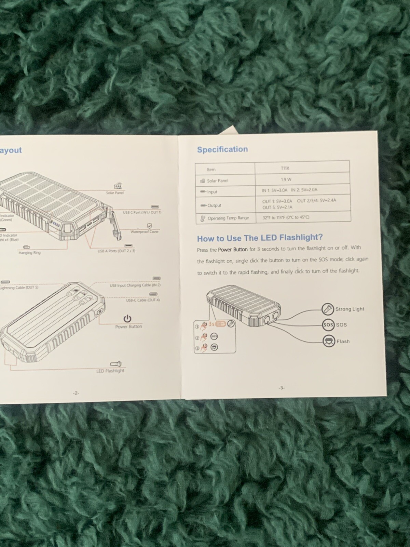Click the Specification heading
point(222,149)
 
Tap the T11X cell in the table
point(285,168)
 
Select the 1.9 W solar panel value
point(286,179)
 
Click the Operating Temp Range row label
point(228,218)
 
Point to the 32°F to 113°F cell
point(286,217)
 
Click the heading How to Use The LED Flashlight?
point(260,238)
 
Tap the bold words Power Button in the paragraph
point(233,250)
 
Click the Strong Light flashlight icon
point(327,309)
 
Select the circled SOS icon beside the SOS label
point(328,325)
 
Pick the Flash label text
point(343,341)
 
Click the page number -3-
point(281,388)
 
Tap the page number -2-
point(76,393)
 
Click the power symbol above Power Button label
point(127,319)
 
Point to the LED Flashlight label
point(110,371)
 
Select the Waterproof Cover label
point(145,232)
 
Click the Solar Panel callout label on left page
point(115,193)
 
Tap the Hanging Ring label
point(29,253)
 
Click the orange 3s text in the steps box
point(211,323)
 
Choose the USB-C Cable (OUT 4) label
point(142,300)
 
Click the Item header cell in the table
point(211,169)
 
